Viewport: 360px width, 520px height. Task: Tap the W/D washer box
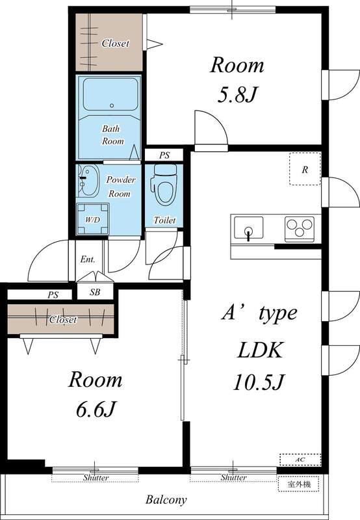tap(92, 220)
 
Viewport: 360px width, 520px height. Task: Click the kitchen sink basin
tap(248, 229)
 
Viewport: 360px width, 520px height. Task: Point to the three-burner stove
tap(299, 229)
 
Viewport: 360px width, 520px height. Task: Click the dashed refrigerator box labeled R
tap(305, 169)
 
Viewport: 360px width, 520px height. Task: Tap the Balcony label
tap(166, 500)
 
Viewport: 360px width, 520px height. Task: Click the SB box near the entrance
tap(95, 292)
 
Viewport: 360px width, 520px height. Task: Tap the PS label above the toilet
tap(164, 155)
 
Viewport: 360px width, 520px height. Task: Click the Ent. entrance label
tap(88, 259)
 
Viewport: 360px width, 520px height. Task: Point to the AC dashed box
tap(300, 459)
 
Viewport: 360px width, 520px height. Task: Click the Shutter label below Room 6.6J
tap(96, 478)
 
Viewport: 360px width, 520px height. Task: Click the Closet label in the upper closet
tap(115, 44)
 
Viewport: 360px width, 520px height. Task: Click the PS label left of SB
tap(53, 294)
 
